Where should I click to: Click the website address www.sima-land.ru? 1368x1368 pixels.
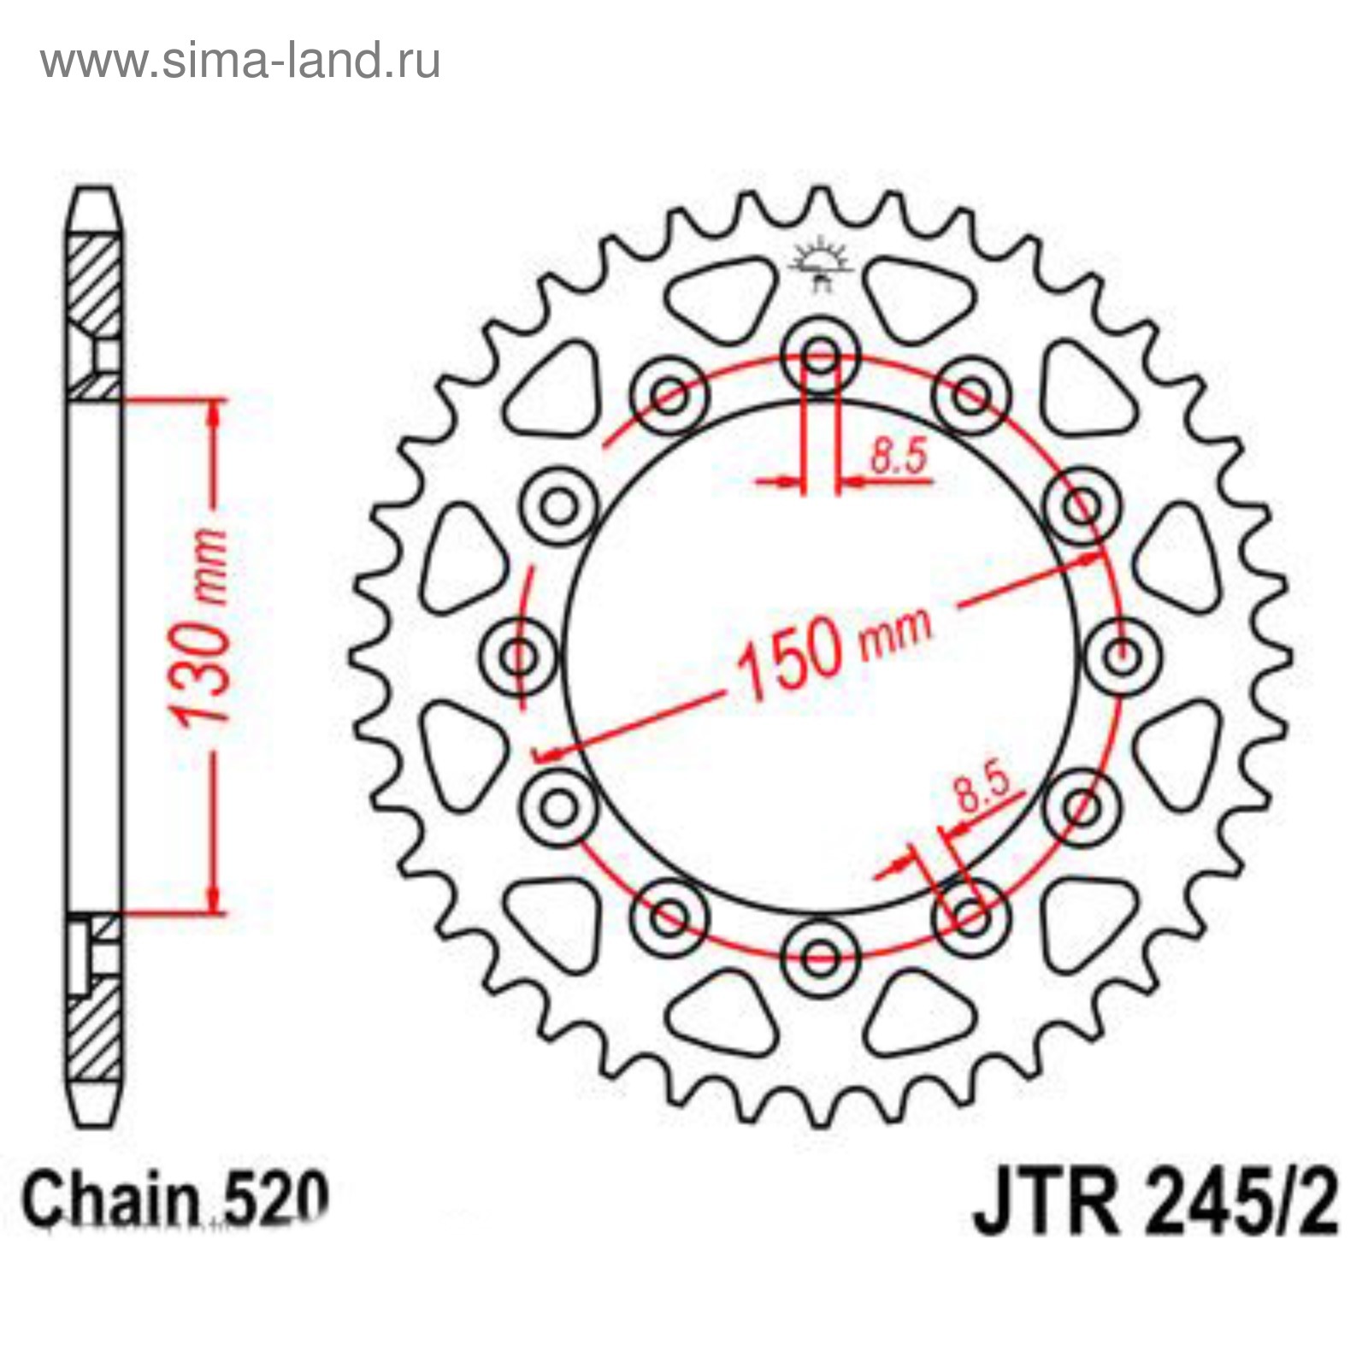point(240,62)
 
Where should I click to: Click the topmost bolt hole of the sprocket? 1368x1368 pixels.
point(821,355)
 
